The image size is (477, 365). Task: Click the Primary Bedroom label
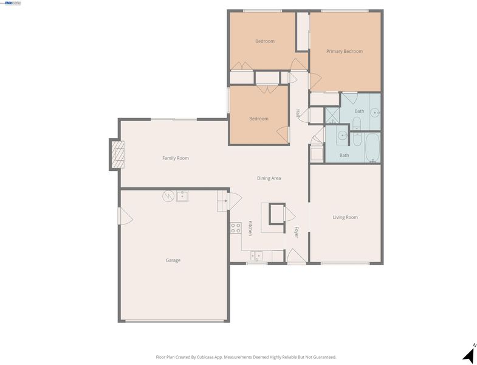(345, 51)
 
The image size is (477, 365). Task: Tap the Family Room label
(176, 158)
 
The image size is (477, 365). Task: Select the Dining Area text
(269, 178)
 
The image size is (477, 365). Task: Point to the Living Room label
(345, 217)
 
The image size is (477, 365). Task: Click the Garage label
(173, 260)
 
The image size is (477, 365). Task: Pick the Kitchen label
(250, 228)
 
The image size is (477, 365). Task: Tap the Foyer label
(296, 232)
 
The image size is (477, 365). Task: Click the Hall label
(298, 113)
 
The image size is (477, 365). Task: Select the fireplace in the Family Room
(118, 154)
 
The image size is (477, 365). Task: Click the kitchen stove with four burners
(236, 228)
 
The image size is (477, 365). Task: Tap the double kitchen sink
(256, 255)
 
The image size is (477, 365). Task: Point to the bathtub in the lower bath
(372, 148)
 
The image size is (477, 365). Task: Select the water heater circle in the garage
(168, 196)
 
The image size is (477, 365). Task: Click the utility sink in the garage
(182, 196)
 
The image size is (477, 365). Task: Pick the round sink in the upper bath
(375, 113)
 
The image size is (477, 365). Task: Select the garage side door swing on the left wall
(126, 216)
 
